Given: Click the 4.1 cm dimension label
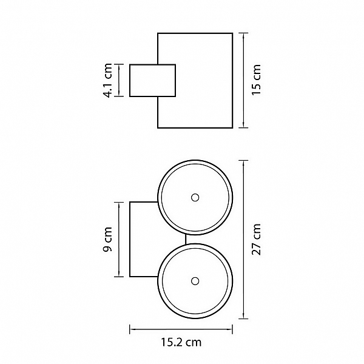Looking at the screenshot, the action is pos(107,80).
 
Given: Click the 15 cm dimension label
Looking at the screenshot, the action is pos(257,80).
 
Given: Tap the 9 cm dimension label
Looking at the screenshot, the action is pos(107,240).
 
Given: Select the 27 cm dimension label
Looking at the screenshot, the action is pos(257,240).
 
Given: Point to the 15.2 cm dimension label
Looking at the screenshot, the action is pos(181,342).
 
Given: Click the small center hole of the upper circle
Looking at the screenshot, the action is pos(195,198).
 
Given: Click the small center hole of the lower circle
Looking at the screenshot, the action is pos(195,281).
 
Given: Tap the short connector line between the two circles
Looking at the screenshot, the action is pos(186,240).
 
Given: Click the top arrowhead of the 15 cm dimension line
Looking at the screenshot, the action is pos(243,36).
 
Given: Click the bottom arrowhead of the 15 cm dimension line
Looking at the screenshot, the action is pos(243,125).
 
